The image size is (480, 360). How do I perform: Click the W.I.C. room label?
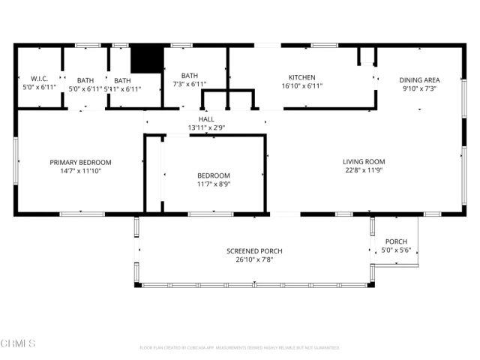coord(39,79)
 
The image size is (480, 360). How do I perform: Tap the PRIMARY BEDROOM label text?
coord(80,162)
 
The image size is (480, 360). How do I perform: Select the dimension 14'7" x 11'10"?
coord(80,171)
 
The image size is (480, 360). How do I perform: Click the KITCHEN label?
coord(302,77)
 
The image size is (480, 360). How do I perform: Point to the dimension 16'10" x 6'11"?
coord(302,86)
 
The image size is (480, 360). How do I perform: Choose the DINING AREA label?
coord(419,79)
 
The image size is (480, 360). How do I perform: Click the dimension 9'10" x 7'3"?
coord(419,88)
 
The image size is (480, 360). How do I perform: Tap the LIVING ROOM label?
coord(364,161)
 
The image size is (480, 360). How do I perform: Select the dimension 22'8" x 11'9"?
coord(364,170)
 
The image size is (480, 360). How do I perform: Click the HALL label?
coord(206,119)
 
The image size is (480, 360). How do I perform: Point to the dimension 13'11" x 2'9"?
coord(206,127)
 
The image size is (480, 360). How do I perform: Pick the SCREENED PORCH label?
coord(254,250)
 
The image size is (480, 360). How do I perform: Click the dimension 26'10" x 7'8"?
coord(254,259)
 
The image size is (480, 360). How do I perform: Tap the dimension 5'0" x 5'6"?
coord(396,250)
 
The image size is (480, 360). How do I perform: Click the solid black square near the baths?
coord(147,58)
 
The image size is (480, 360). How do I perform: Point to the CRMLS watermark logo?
coord(18,343)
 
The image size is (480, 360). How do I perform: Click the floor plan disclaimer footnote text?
coord(239,347)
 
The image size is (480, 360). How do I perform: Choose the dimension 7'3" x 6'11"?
coord(190,85)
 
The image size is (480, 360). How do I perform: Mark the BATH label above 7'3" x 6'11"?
coord(190,76)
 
